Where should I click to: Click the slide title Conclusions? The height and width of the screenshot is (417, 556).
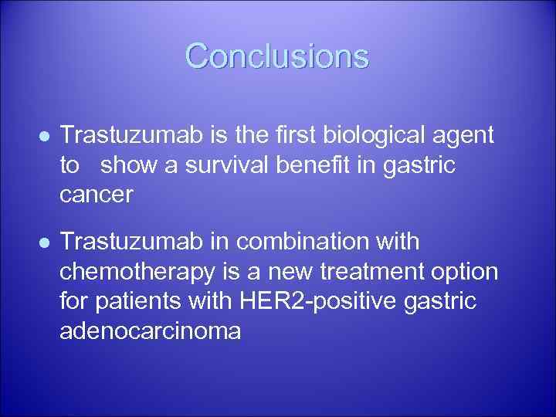[277, 56]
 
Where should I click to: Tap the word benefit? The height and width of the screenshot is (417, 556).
[339, 165]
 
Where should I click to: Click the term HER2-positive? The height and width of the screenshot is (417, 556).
[324, 301]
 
